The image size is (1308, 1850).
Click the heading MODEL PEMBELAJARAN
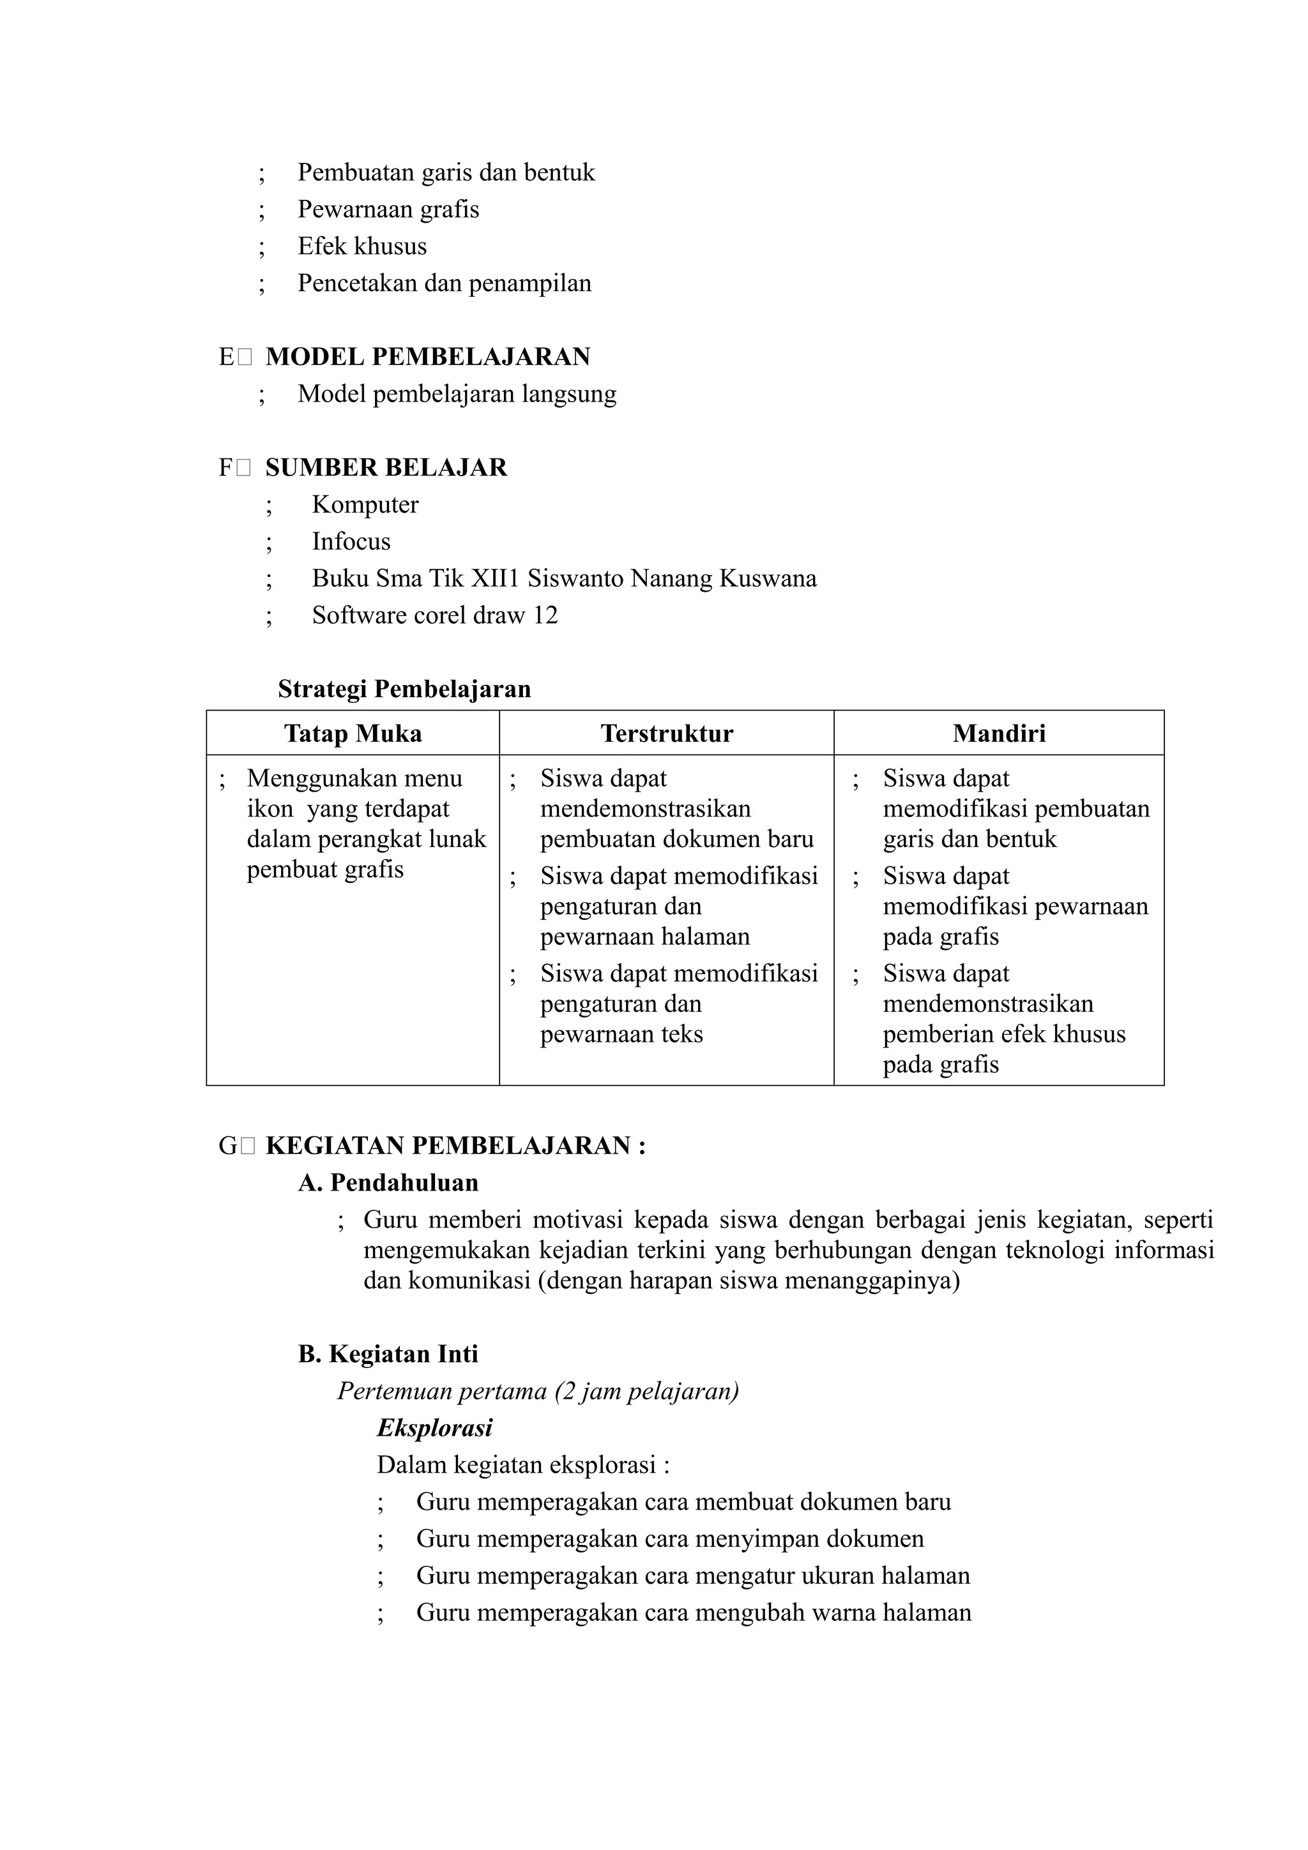coord(427,357)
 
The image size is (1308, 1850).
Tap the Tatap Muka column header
coord(353,734)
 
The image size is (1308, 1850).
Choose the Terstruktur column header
coord(667,734)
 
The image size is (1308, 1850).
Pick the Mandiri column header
coord(998,734)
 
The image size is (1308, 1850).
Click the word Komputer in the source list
coord(365,505)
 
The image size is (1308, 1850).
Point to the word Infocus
coord(351,542)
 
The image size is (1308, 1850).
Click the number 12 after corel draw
coord(545,615)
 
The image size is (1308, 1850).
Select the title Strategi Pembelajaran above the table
coord(404,689)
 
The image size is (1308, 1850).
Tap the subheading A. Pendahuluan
coord(388,1183)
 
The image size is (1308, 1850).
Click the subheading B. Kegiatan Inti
coord(388,1355)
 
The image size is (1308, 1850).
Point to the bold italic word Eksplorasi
coord(434,1429)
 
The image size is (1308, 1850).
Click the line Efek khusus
coord(362,246)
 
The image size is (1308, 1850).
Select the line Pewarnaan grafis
coord(388,209)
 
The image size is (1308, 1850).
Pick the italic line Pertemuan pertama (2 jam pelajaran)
coord(538,1392)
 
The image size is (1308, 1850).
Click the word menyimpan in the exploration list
coord(754,1539)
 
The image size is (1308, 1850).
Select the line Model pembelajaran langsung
coord(456,395)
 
